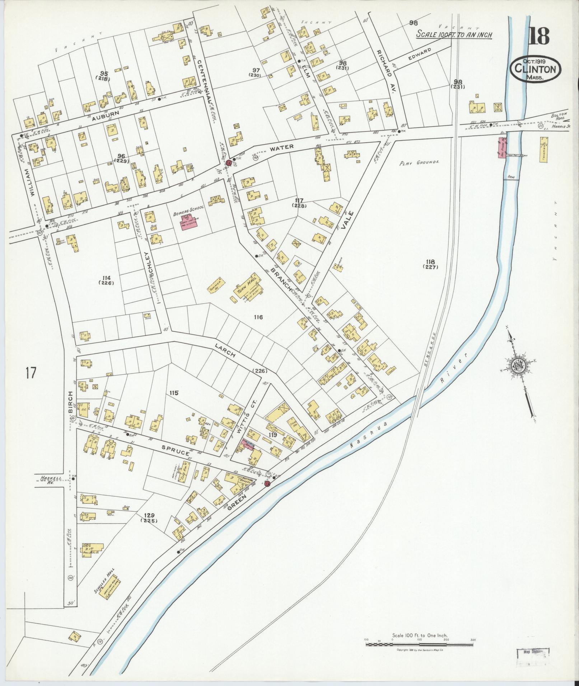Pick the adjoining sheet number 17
pyautogui.click(x=31, y=373)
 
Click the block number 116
pyautogui.click(x=258, y=317)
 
